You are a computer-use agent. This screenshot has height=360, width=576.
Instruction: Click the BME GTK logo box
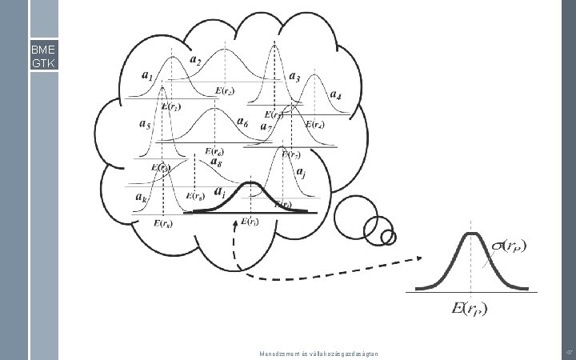(43, 55)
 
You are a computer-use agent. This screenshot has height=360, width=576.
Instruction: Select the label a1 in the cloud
(147, 76)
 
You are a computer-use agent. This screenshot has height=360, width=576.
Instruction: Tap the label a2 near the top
(195, 61)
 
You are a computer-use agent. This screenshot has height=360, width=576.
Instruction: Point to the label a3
(294, 78)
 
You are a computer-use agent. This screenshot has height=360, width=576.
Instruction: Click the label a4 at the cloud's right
(335, 96)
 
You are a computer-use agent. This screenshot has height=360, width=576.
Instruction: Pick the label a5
(145, 125)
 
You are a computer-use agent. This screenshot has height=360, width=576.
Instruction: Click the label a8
(215, 162)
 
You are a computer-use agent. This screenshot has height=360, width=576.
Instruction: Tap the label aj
(300, 172)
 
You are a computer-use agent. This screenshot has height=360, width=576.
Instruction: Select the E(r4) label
(314, 125)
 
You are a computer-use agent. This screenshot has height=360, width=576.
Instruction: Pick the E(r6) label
(214, 150)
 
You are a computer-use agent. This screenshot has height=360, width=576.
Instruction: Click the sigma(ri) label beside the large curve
(514, 246)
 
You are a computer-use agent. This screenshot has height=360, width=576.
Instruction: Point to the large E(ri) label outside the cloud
(470, 308)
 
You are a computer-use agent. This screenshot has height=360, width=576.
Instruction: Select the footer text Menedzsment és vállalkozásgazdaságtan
(320, 353)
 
